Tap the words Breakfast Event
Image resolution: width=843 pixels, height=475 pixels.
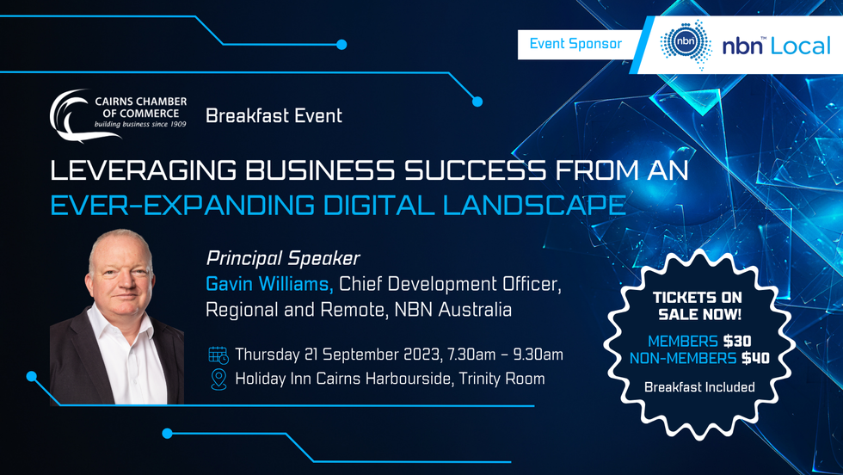point(274,115)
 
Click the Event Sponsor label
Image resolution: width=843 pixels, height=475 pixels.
point(575,44)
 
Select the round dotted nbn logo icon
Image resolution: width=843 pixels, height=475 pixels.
point(686,44)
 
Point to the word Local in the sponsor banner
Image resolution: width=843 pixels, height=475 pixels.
point(801,46)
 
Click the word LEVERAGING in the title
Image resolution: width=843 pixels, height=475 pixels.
point(143,170)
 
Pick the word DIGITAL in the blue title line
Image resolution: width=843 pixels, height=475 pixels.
point(378,205)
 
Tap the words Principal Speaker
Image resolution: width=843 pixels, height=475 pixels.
point(283,259)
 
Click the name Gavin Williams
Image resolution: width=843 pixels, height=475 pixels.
point(269,284)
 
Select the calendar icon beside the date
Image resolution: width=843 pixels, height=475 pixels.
point(218,355)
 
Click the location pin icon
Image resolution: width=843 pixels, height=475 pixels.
point(218,379)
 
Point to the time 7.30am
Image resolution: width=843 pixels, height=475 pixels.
point(467,355)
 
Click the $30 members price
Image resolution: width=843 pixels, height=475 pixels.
point(737,341)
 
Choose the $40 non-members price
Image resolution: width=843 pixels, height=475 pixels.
point(755,358)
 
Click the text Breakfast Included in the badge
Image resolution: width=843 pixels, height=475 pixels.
point(699,386)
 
